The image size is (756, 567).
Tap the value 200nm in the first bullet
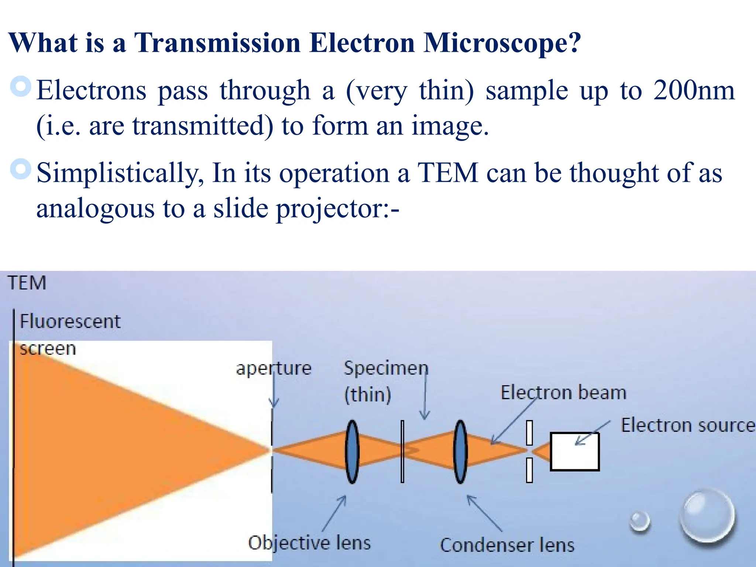694,90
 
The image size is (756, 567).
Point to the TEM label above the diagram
27,283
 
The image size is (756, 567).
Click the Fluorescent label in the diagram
70,321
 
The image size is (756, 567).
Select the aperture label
274,368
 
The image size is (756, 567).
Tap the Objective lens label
309,543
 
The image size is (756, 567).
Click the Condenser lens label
507,545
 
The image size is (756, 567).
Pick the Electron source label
687,425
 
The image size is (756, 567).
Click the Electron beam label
563,392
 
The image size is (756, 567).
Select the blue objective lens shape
352,452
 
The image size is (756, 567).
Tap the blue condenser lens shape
460,452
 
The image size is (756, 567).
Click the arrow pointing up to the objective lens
334,513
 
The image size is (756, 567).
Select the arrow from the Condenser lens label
484,513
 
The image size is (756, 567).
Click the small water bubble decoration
640,521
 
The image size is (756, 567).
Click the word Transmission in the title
217,44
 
